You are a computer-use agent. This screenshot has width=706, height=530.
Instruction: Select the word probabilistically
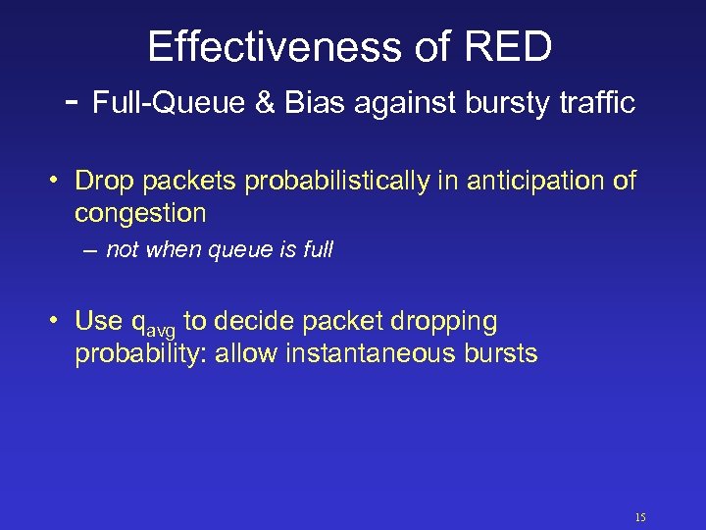pos(336,182)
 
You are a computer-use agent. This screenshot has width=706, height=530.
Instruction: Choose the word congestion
pos(140,213)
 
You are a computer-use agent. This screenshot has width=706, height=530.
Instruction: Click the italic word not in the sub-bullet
pos(122,251)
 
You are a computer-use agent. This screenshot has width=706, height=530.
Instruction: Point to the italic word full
pos(319,251)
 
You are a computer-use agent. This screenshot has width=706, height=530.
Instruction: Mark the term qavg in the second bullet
pos(154,323)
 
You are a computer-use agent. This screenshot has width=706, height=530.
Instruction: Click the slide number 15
pos(640,517)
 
